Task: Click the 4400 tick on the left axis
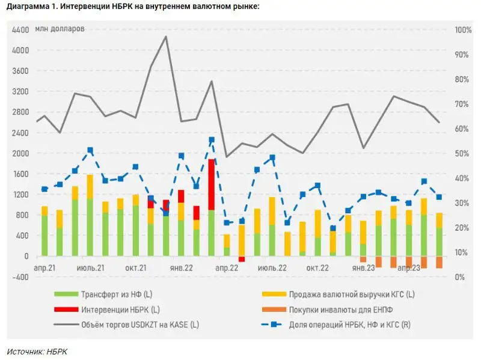coord(20,30)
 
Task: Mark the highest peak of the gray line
coord(165,37)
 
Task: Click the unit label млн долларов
coord(60,29)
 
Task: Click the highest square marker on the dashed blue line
coord(212,140)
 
